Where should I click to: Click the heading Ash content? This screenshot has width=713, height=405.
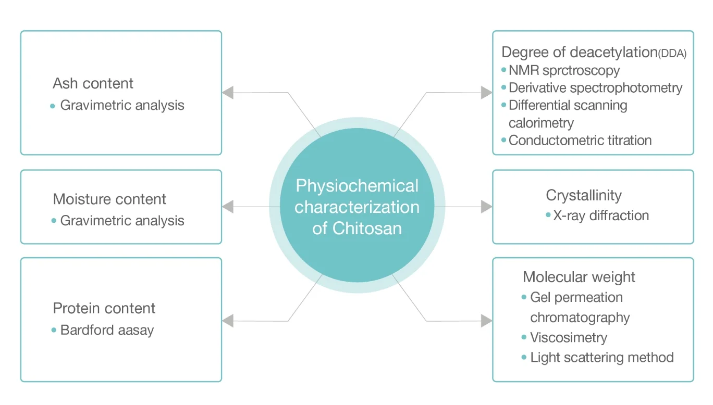coord(93,83)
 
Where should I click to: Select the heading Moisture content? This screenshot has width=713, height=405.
coord(109,199)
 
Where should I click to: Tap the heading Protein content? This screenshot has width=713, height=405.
coord(104,308)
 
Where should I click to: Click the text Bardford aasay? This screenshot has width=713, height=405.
coord(107,330)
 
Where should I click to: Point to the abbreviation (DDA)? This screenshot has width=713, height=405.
coord(672,53)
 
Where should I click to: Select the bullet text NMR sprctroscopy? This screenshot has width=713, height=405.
coord(564,70)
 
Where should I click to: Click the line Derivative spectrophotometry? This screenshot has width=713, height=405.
coord(595,88)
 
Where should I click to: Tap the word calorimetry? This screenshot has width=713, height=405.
coord(541,123)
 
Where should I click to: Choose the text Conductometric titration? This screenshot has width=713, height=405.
coord(580,141)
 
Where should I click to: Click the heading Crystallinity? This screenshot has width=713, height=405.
coord(584,195)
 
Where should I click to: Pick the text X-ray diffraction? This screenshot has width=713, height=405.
coord(601,216)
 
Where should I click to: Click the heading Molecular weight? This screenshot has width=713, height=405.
coord(579,277)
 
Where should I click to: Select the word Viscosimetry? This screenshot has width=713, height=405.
coord(569,338)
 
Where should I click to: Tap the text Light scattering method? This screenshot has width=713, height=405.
coord(602,358)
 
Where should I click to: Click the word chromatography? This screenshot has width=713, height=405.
coord(580,318)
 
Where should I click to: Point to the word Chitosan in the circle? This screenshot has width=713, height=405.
coord(367,229)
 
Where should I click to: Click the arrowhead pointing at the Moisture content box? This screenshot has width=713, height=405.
coord(228,207)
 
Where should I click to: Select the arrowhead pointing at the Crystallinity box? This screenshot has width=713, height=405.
coord(486,207)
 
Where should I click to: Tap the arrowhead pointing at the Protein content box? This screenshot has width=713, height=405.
coord(228,321)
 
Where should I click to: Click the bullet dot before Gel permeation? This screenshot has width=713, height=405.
coord(524,297)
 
